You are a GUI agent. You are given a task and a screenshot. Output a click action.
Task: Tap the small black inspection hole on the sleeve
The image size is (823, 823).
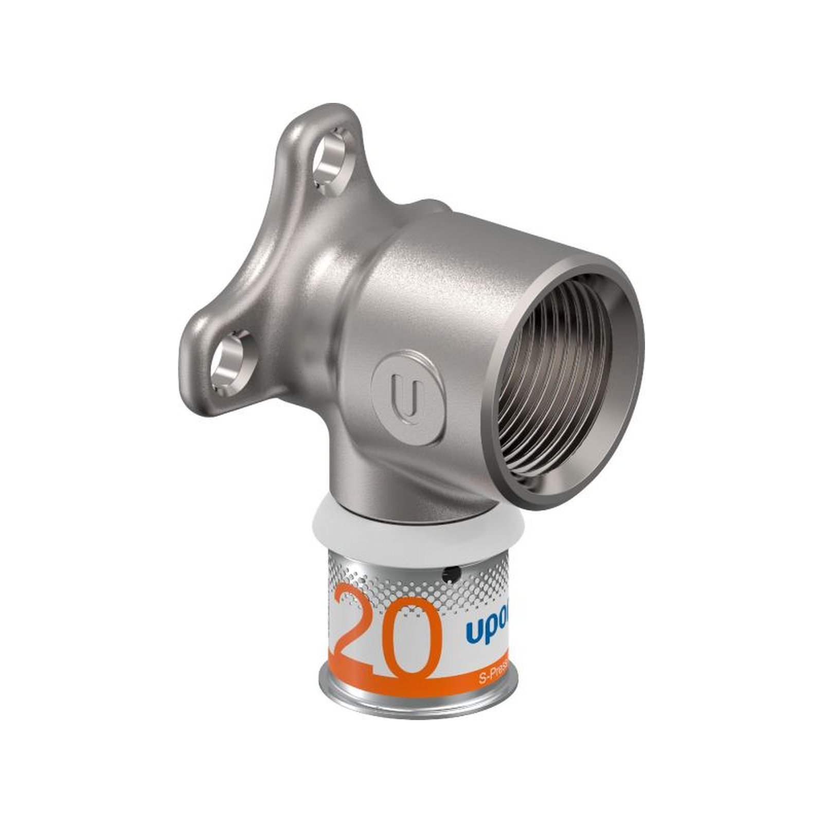coord(451,570)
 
